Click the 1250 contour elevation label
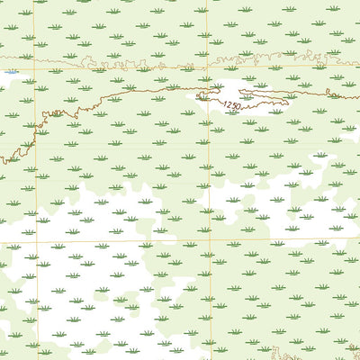(x=232, y=105)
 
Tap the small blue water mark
(x=10, y=72)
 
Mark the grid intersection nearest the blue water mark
(x=36, y=70)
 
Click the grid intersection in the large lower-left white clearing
(x=36, y=240)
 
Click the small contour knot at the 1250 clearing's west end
(x=202, y=94)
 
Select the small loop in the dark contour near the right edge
(x=330, y=94)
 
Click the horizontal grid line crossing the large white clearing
(x=108, y=240)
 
